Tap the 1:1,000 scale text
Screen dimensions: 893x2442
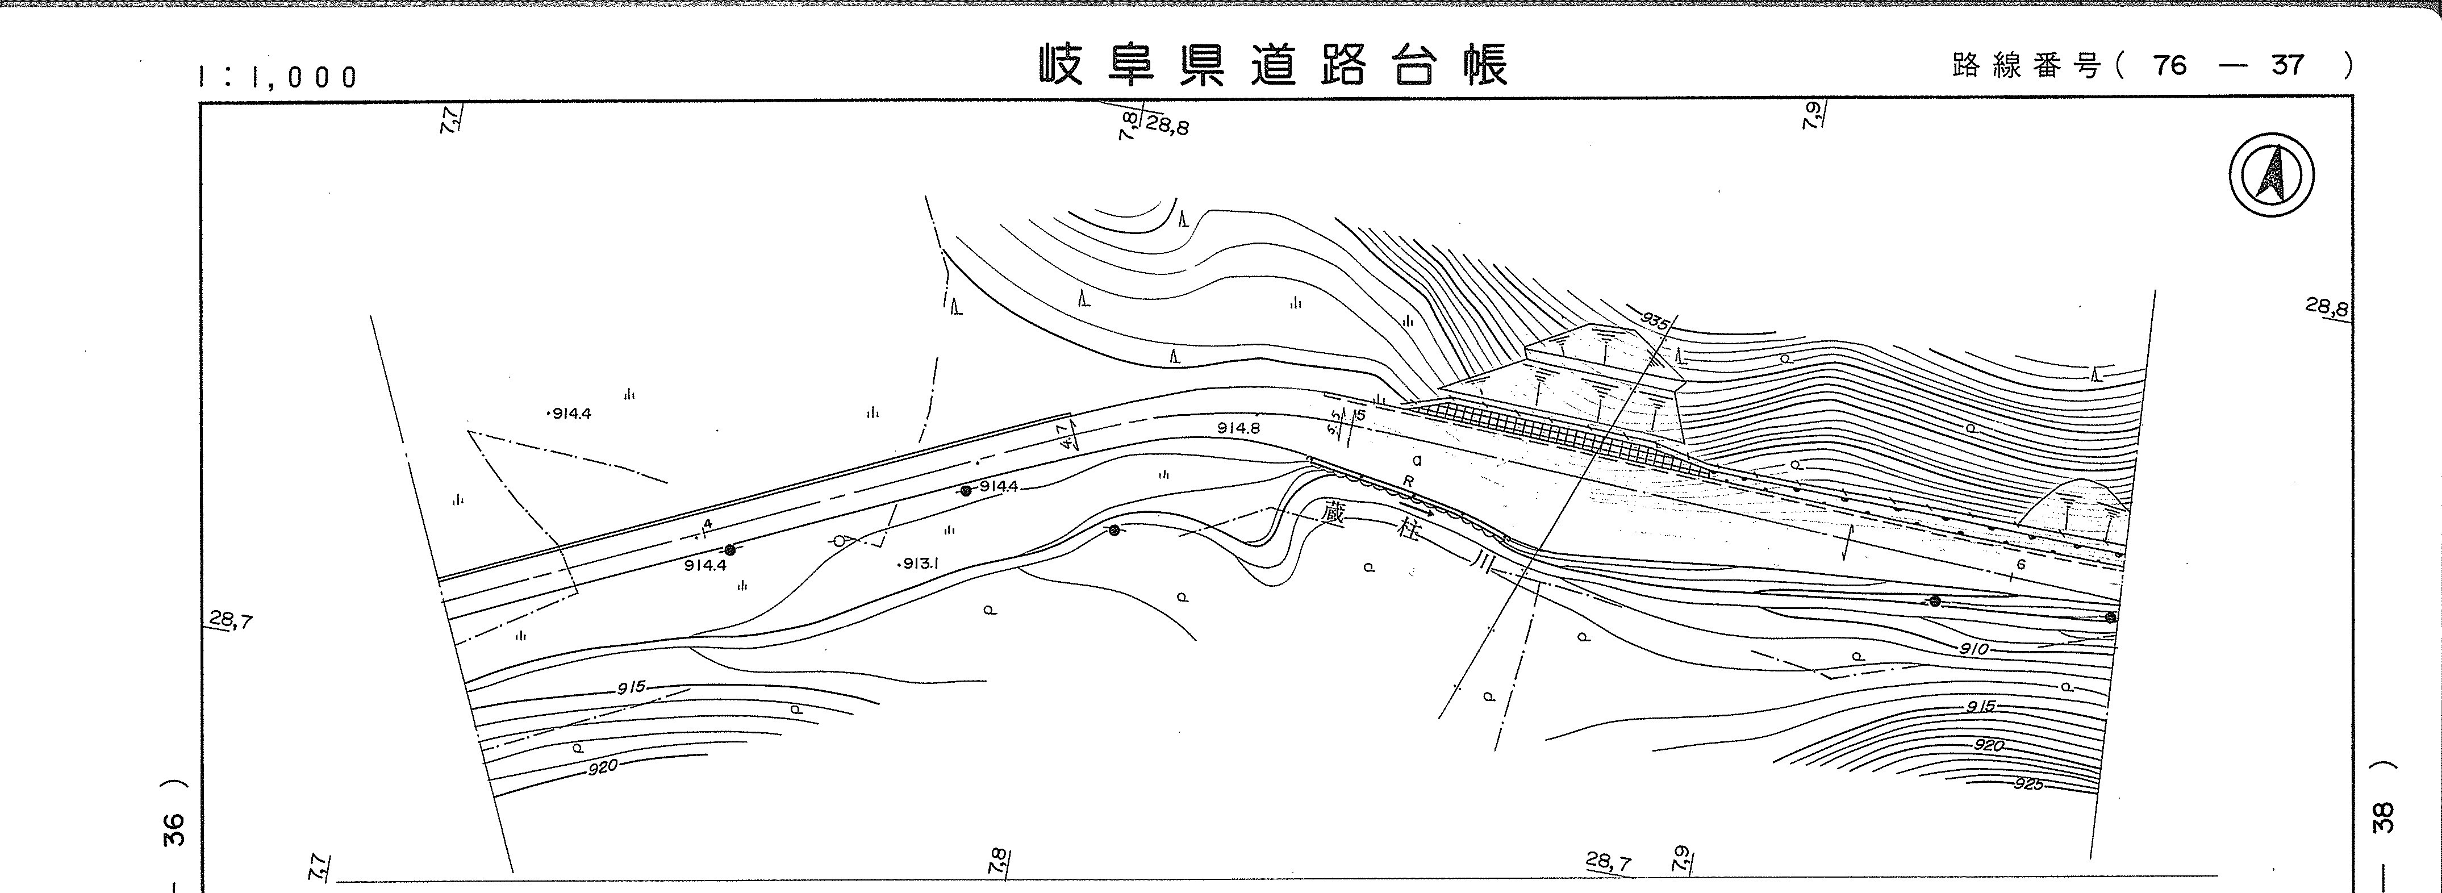coord(278,77)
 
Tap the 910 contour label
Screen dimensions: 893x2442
coord(1975,649)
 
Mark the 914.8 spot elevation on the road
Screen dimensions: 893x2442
coord(1239,428)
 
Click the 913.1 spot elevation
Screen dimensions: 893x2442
coord(919,563)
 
